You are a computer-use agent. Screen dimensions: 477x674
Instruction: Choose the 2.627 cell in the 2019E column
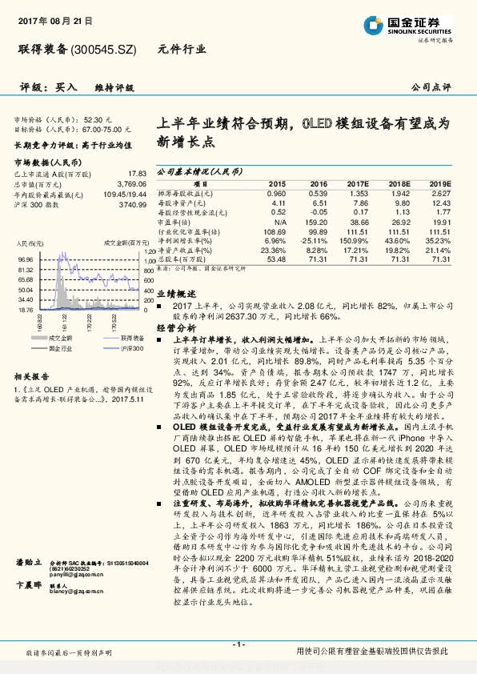click(441, 193)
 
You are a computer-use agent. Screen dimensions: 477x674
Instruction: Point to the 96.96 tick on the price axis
click(23, 259)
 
